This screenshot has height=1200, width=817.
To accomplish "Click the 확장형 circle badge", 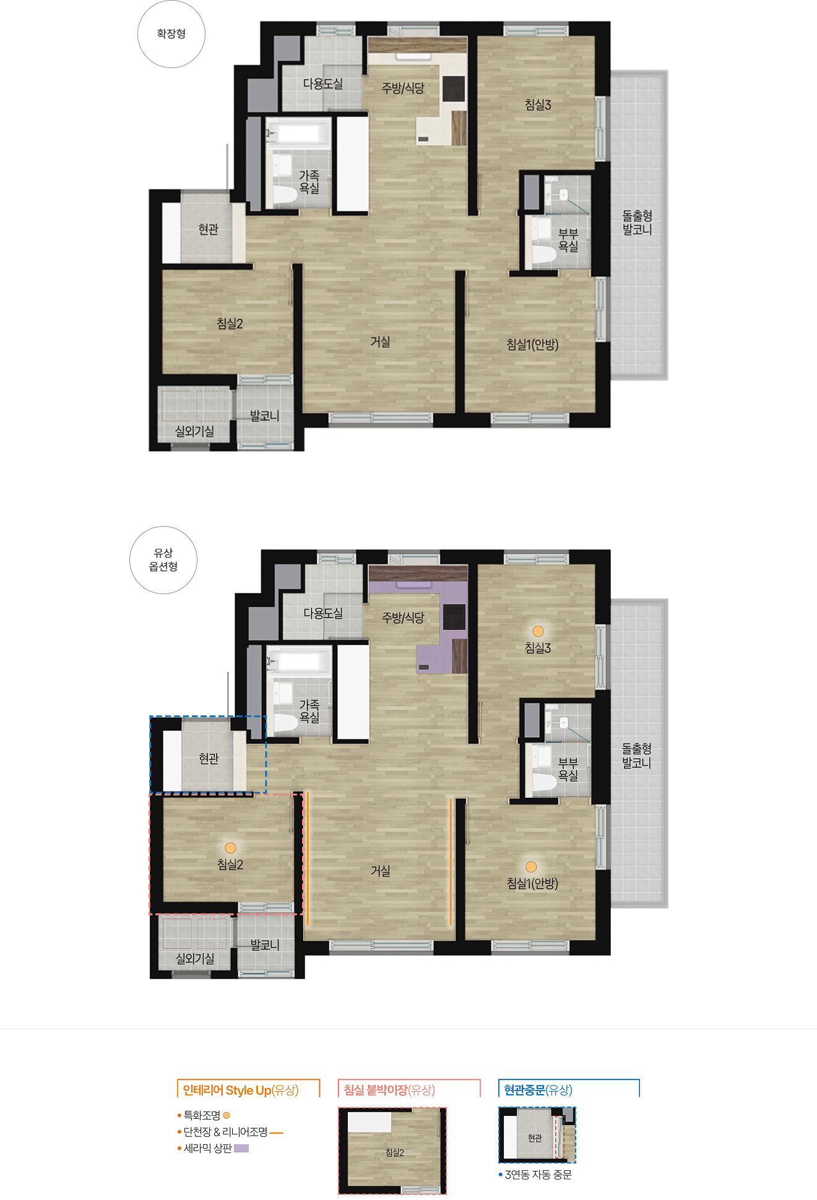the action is (171, 34).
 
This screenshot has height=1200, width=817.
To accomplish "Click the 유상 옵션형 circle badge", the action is (163, 560).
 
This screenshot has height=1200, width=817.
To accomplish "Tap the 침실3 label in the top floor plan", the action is (538, 105).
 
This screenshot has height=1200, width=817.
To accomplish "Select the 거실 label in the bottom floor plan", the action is (380, 871).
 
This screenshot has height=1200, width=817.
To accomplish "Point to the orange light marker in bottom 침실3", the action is (538, 631).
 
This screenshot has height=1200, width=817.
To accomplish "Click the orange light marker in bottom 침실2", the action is (230, 848).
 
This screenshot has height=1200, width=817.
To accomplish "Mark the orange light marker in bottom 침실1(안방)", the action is (531, 867).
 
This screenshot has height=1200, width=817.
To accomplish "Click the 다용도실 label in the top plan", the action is (322, 84).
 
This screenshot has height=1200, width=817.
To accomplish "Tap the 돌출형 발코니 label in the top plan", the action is (637, 222).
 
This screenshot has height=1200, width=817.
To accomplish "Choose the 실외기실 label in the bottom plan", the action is (195, 959).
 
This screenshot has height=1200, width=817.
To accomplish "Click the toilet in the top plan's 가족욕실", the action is (285, 194).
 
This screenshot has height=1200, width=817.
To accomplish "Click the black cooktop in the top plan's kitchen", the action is (454, 88).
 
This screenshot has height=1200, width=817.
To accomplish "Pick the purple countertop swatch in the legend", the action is (241, 1149).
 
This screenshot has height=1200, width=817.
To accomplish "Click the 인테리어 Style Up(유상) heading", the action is (241, 1090).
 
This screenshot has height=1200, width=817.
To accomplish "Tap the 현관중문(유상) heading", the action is (538, 1090).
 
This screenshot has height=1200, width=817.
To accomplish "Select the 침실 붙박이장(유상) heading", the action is (389, 1090).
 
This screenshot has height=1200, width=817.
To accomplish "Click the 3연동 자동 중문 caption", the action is (538, 1175).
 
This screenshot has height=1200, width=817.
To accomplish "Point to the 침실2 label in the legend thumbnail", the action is (395, 1152).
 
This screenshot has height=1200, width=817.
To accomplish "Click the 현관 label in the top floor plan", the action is (209, 230).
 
